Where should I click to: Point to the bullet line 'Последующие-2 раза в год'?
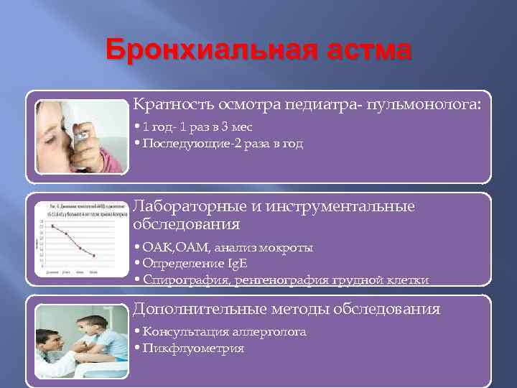tap(223, 143)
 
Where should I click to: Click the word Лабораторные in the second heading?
tap(189, 206)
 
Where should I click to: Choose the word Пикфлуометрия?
tap(193, 348)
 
